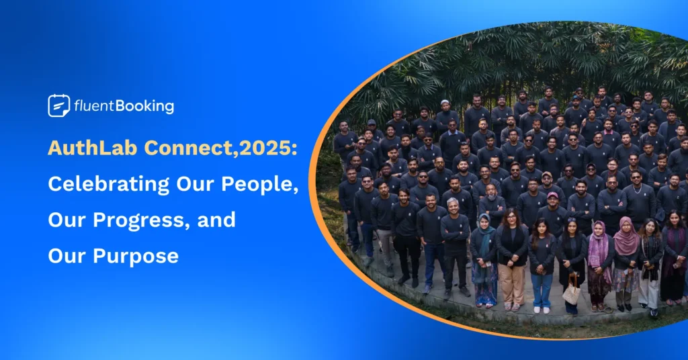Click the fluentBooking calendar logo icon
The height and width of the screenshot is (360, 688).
point(59,105)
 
